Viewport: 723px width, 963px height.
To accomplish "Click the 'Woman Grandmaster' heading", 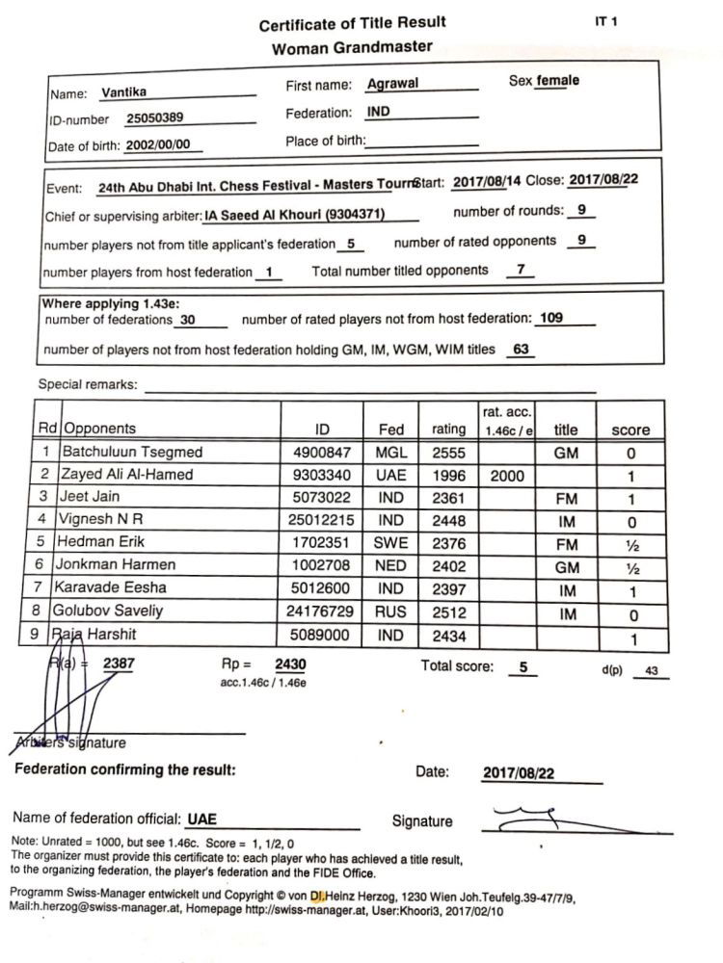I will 352,47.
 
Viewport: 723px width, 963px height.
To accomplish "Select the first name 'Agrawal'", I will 392,85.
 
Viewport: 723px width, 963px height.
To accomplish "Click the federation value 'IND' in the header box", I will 379,112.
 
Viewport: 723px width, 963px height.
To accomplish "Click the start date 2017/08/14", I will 486,180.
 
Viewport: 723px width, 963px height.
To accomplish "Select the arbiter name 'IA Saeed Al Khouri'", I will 305,216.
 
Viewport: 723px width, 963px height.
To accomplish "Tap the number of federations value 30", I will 188,320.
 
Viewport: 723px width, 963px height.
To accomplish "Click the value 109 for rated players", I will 551,319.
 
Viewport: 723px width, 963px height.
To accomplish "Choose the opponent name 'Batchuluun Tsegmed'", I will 132,453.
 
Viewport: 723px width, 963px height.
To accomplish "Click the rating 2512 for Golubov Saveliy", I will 448,610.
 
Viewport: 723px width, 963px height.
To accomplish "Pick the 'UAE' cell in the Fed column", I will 390,475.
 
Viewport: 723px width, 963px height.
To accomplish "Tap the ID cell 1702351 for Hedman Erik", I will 323,542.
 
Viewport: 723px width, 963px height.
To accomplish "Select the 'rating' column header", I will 448,429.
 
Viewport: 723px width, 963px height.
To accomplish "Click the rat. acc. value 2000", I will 507,475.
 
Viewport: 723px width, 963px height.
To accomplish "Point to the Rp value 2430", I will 290,664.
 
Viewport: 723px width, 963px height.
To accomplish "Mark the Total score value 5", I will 522,666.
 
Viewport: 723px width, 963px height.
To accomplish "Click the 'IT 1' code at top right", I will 607,21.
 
